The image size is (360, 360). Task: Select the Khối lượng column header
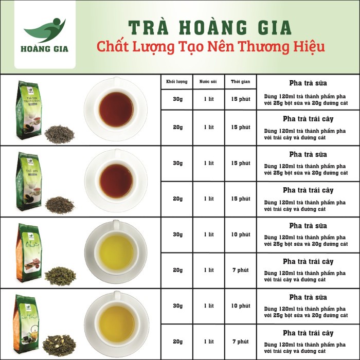coord(176,82)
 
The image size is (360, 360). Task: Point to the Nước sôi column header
coord(209,82)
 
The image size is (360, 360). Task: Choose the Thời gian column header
coord(240,82)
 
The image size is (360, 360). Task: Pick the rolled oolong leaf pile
coord(60,276)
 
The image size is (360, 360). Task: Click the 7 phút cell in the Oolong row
coord(240,270)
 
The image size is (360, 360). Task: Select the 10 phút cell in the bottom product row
coord(240,305)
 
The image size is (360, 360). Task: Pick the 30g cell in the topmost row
coord(176,99)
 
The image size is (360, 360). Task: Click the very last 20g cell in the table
coord(176,341)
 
